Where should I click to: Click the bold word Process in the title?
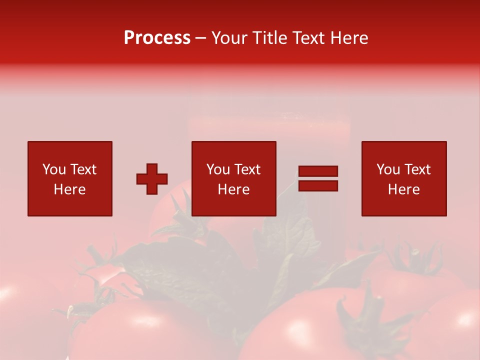click(x=157, y=38)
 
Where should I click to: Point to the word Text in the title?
click(x=307, y=38)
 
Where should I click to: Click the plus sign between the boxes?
click(x=152, y=179)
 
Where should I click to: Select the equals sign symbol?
click(x=318, y=178)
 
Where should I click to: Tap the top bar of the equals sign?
click(x=318, y=171)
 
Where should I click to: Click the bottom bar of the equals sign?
click(x=318, y=185)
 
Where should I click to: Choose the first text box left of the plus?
click(x=70, y=178)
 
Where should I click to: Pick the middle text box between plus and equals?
click(x=234, y=178)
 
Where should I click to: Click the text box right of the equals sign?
click(x=404, y=178)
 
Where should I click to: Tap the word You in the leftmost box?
click(x=54, y=169)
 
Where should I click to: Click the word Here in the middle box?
click(x=234, y=189)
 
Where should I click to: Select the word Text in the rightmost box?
click(x=417, y=169)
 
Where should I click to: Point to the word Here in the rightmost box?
click(x=404, y=189)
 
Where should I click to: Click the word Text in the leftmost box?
click(x=83, y=169)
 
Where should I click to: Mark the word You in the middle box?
click(x=218, y=169)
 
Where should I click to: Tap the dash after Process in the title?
click(x=201, y=38)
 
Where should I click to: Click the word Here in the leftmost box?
click(x=70, y=189)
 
